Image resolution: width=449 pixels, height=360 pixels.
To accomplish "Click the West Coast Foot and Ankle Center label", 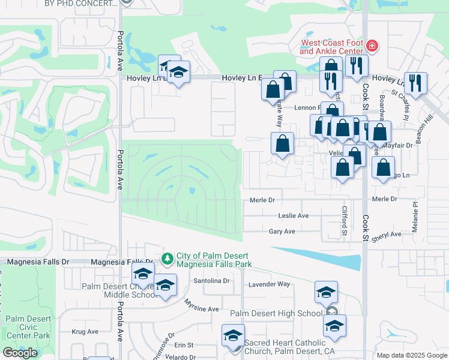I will (333, 47).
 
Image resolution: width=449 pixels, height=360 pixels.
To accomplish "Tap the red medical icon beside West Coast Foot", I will (372, 45).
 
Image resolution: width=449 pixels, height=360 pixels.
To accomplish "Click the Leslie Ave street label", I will (294, 215).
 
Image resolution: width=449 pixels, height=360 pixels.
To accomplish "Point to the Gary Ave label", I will (282, 231).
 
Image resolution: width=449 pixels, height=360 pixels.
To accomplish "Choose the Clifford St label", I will (345, 221).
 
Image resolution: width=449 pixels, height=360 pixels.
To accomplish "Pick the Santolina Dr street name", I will (211, 280).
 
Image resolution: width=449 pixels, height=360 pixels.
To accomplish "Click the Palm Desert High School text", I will (276, 313).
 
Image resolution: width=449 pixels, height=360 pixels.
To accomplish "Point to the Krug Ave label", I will (85, 331).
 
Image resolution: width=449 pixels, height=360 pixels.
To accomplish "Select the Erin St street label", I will (184, 345).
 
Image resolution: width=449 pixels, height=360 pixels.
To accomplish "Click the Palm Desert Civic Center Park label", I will (28, 328).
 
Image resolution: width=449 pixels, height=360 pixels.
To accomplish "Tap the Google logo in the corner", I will (20, 353).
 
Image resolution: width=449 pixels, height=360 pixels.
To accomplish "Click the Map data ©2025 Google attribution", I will (412, 355).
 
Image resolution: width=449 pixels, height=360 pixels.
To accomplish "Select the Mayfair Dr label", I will (401, 145).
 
